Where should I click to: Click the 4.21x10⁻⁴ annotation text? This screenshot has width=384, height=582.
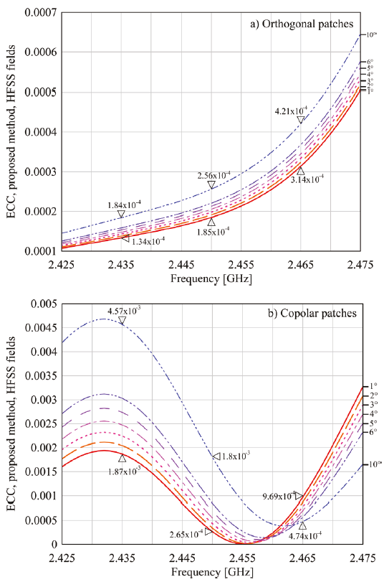point(291,111)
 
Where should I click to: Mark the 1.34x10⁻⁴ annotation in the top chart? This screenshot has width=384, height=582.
point(148,241)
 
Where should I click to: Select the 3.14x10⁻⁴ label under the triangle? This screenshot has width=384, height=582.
point(307,180)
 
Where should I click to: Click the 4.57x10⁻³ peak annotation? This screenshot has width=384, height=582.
point(124,310)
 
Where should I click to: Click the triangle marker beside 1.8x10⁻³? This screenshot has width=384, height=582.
point(216,456)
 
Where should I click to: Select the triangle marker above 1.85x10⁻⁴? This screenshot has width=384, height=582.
point(211,222)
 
